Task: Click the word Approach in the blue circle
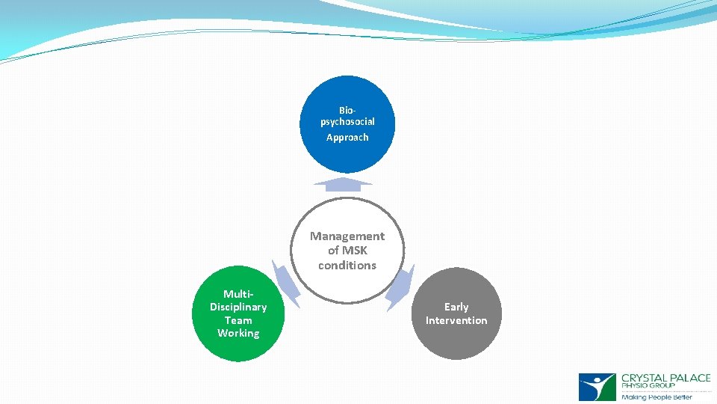tap(347, 138)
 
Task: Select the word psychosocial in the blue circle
tap(347, 121)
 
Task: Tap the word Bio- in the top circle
tap(347, 110)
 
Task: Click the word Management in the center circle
tap(347, 236)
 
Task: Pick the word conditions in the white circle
tap(347, 266)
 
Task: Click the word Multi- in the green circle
tap(238, 294)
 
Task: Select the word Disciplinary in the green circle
tap(238, 307)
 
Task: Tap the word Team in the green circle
tap(238, 320)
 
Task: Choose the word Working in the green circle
tap(238, 334)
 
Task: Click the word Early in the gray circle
tap(456, 307)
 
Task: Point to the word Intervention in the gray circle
tap(456, 321)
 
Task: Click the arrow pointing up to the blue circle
tap(343, 184)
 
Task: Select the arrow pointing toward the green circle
tap(285, 283)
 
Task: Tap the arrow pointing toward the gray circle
tap(400, 288)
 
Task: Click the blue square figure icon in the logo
tap(597, 388)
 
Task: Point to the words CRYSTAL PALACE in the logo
tap(665, 379)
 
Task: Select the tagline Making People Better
tap(657, 397)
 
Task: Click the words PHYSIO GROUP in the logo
tap(648, 387)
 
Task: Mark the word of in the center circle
tap(333, 251)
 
